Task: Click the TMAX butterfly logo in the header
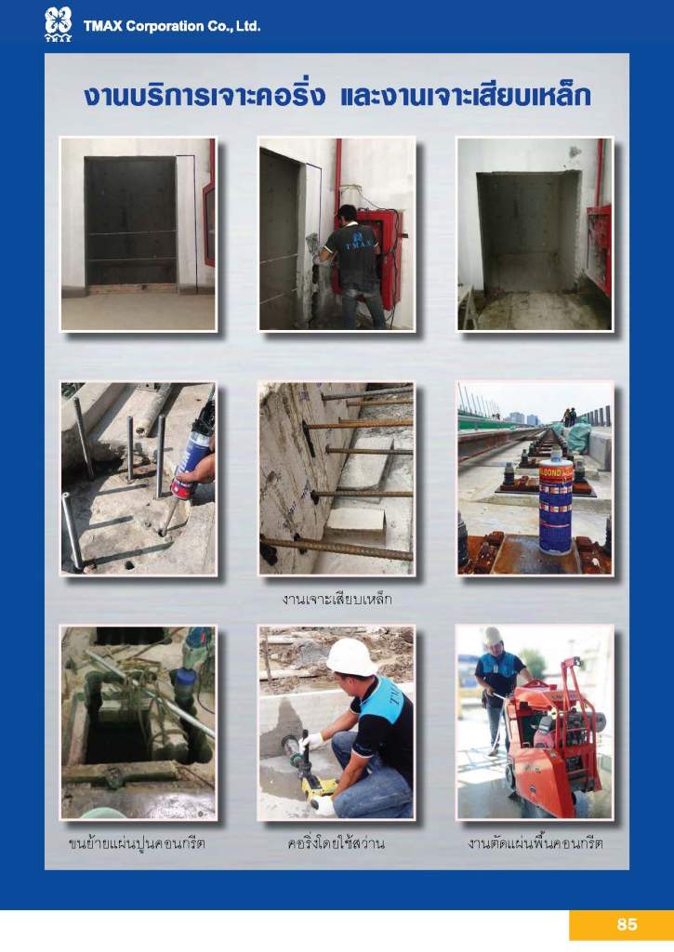pyautogui.click(x=59, y=23)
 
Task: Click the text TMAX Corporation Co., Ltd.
pyautogui.click(x=172, y=26)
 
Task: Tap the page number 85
pyautogui.click(x=627, y=924)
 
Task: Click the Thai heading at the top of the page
pyautogui.click(x=337, y=97)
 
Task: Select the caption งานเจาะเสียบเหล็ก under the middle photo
pyautogui.click(x=337, y=600)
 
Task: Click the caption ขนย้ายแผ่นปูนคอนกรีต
pyautogui.click(x=137, y=843)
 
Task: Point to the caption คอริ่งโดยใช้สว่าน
pyautogui.click(x=337, y=843)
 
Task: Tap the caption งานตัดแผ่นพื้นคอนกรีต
pyautogui.click(x=535, y=843)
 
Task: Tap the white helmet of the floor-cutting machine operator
pyautogui.click(x=493, y=635)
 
